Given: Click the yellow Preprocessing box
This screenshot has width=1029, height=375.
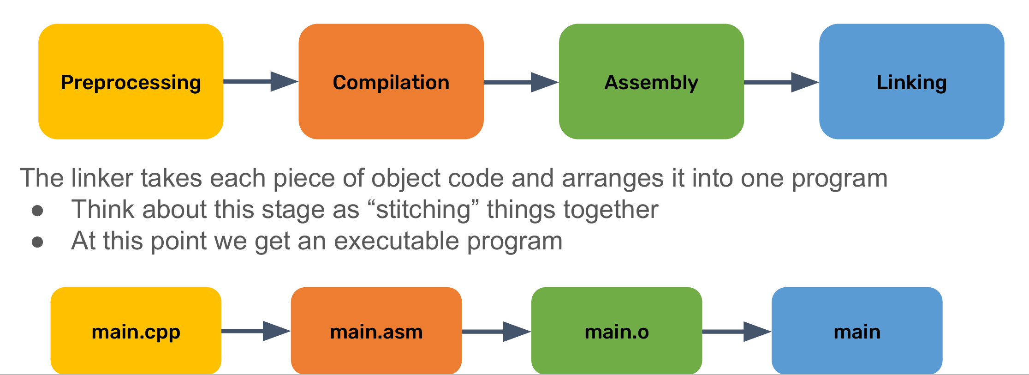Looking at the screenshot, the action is tap(131, 81).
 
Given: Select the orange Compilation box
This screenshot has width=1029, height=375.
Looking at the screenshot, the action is tap(391, 81).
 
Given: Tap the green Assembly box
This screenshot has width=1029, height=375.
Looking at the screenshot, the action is tap(651, 81).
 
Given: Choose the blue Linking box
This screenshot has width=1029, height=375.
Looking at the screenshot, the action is tap(911, 81).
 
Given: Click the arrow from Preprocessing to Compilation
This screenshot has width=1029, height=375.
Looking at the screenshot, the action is tap(261, 82).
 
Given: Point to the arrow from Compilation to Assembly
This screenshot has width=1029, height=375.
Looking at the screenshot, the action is tap(521, 82).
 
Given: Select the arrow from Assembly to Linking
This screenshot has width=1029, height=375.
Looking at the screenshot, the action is tap(781, 82).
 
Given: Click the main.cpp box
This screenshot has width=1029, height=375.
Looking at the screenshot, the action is tap(136, 331).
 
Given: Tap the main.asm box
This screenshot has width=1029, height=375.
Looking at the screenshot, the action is tap(376, 331).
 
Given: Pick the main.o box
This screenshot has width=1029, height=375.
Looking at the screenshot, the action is tap(617, 331).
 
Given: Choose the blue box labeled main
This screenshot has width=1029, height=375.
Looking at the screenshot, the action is tap(857, 331).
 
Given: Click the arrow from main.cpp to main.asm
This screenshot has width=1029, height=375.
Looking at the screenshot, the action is tap(256, 331).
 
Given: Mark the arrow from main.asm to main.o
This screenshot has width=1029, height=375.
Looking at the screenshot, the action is tap(496, 332).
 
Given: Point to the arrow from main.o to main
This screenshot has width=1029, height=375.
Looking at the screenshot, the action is tap(737, 332).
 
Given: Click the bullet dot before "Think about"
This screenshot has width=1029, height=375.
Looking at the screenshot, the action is tap(37, 211).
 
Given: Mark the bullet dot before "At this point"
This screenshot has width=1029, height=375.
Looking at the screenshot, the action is tap(37, 242).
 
